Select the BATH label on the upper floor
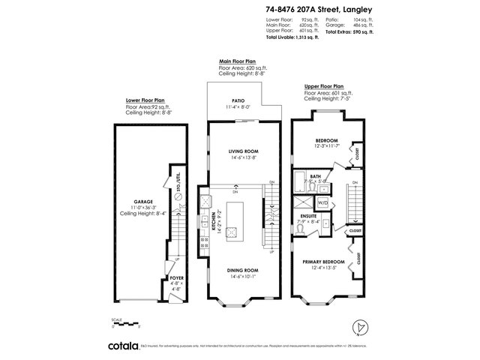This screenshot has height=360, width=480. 305,175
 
